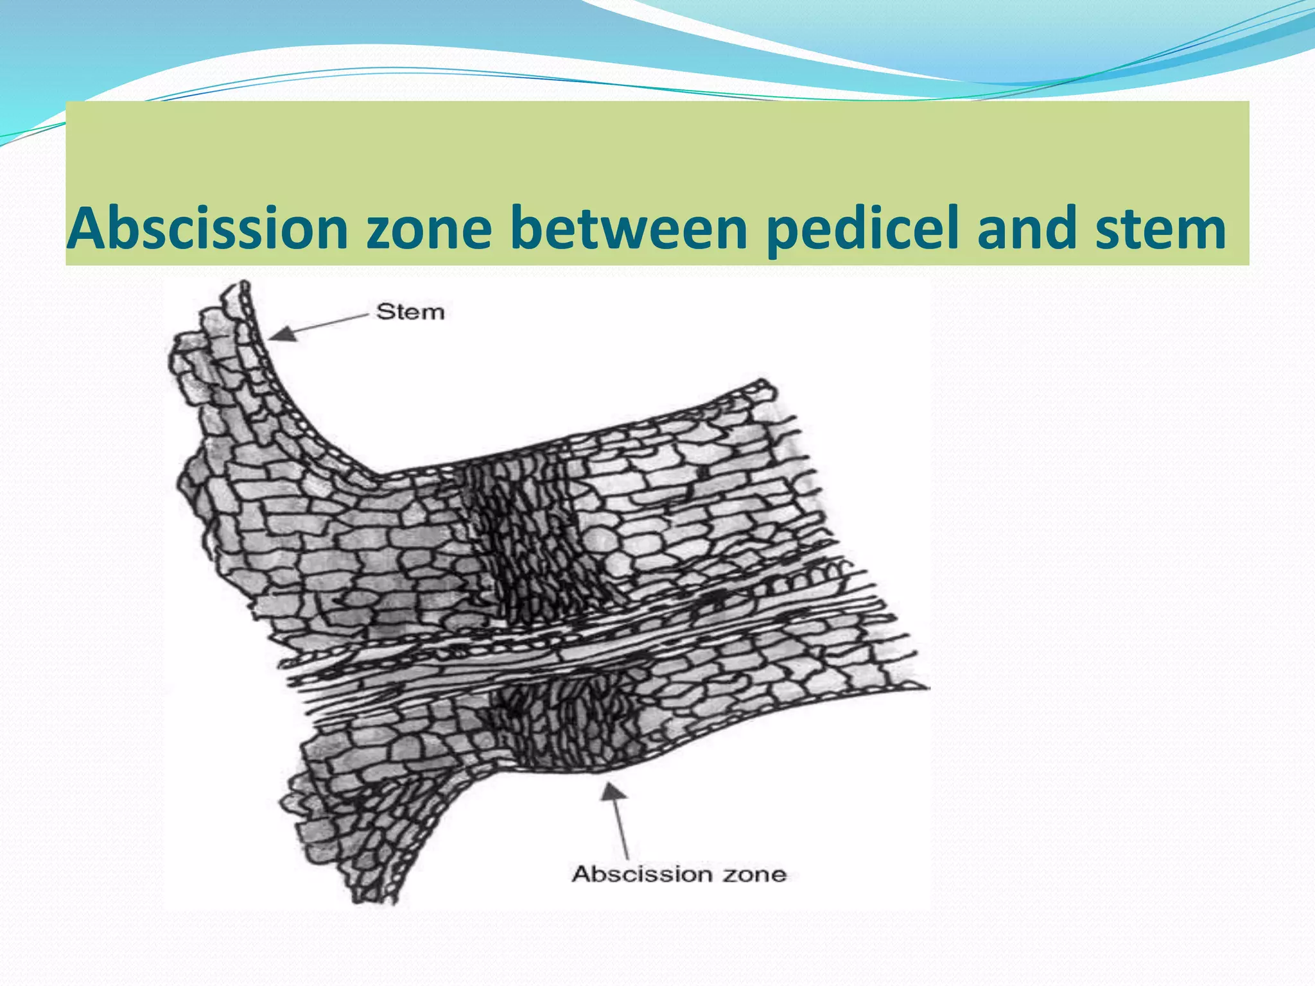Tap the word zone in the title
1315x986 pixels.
pos(428,229)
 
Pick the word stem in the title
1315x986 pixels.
pos(1160,229)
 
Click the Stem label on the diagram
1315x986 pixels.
pos(410,313)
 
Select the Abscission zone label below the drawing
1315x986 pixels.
pos(679,874)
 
